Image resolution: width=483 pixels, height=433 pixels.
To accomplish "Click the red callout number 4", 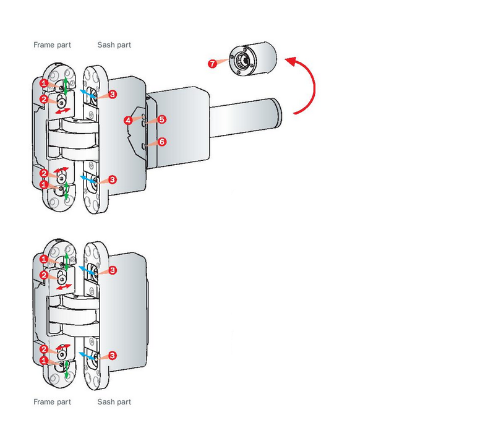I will pyautogui.click(x=128, y=121).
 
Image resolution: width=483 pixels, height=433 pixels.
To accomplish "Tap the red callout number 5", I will pyautogui.click(x=162, y=119).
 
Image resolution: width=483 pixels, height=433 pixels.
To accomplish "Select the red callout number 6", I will pyautogui.click(x=162, y=142).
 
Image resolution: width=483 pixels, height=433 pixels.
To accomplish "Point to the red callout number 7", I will pyautogui.click(x=212, y=64).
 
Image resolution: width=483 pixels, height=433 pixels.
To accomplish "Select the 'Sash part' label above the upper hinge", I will pyautogui.click(x=114, y=45).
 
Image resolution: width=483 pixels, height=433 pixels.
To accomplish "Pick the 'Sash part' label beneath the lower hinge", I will pyautogui.click(x=114, y=402).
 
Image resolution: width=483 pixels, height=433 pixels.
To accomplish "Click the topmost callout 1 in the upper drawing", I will pyautogui.click(x=44, y=83).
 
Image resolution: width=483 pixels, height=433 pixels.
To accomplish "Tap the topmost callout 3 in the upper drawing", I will pyautogui.click(x=113, y=95).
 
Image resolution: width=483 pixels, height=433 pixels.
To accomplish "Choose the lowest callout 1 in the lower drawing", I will pyautogui.click(x=44, y=359).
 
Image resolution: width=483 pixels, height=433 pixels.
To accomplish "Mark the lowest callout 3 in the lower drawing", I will pyautogui.click(x=113, y=356).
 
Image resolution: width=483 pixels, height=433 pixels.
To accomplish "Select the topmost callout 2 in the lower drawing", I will pyautogui.click(x=44, y=275).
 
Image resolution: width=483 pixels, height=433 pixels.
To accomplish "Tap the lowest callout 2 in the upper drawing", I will pyautogui.click(x=44, y=173).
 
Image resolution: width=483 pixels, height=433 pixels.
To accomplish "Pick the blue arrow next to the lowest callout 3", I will pyautogui.click(x=87, y=354).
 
